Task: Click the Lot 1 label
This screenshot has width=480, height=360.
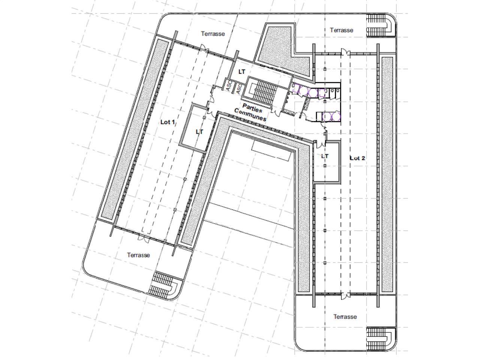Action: pyautogui.click(x=168, y=122)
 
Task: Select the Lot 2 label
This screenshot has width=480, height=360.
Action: pyautogui.click(x=357, y=158)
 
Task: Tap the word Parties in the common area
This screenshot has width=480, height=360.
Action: pyautogui.click(x=252, y=108)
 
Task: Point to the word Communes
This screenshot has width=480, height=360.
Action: pyautogui.click(x=250, y=114)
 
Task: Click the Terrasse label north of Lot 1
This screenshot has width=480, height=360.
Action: pyautogui.click(x=213, y=34)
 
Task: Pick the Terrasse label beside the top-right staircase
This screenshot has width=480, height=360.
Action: pyautogui.click(x=341, y=30)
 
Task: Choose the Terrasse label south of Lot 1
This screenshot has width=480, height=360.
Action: pyautogui.click(x=138, y=255)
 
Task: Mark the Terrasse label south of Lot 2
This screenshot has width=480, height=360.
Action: pyautogui.click(x=345, y=316)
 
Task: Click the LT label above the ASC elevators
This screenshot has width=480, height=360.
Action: pyautogui.click(x=241, y=72)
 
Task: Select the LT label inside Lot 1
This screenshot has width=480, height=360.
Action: pyautogui.click(x=199, y=132)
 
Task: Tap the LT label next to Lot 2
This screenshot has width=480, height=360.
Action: pyautogui.click(x=325, y=156)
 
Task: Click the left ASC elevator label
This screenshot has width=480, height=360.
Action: pyautogui.click(x=228, y=86)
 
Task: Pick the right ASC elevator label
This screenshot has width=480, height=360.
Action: pyautogui.click(x=239, y=89)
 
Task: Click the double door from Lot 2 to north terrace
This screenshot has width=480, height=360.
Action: pyautogui.click(x=345, y=52)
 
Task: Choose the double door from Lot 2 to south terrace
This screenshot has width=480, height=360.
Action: pyautogui.click(x=345, y=296)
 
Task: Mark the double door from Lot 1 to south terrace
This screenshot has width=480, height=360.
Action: pyautogui.click(x=144, y=239)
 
